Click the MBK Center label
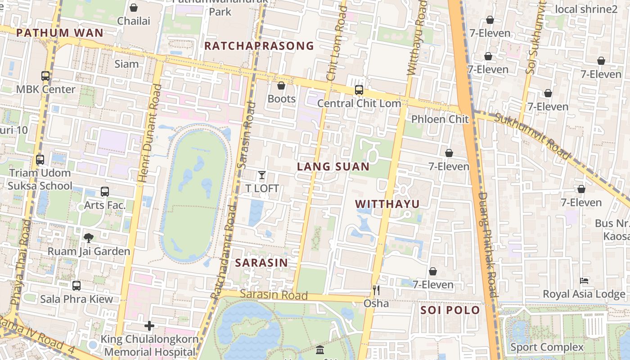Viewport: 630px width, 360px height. (x=46, y=89)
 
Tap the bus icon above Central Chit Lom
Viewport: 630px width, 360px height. (x=359, y=90)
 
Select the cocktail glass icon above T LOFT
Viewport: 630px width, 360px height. (x=262, y=175)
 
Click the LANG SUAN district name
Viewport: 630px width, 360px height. (x=333, y=166)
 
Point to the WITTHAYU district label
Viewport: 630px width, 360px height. (x=387, y=204)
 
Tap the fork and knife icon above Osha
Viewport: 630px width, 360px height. (x=376, y=290)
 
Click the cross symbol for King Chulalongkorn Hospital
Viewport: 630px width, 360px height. (x=149, y=326)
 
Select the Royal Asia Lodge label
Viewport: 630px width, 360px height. (x=584, y=294)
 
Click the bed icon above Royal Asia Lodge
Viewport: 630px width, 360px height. (x=584, y=281)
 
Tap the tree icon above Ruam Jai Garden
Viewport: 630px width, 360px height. (x=89, y=238)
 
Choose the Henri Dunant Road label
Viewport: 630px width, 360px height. (x=149, y=133)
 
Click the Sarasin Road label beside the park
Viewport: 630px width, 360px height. (x=274, y=295)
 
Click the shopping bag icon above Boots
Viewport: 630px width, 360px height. (x=281, y=85)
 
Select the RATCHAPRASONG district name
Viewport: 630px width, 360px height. (x=259, y=46)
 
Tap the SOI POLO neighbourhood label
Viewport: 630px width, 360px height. (x=450, y=310)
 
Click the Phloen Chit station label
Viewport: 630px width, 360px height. (x=440, y=119)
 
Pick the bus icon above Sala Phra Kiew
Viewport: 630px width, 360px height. (x=76, y=285)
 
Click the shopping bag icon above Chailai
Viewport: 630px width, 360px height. (x=134, y=8)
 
